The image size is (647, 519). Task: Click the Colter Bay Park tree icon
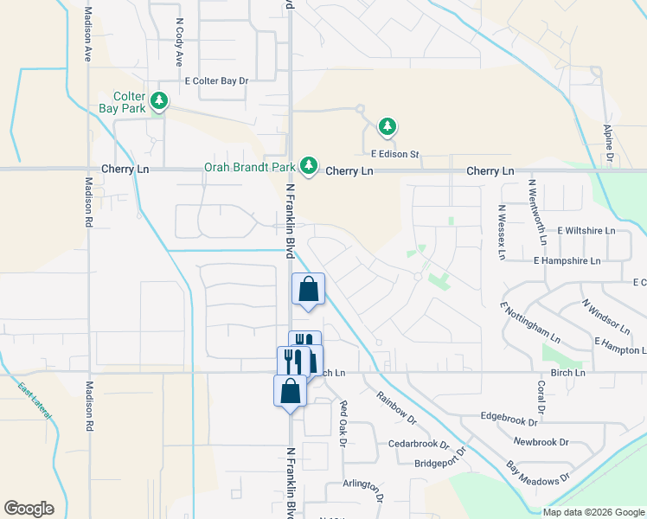(159, 102)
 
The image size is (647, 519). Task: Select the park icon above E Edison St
(388, 128)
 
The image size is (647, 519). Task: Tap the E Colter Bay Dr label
(216, 81)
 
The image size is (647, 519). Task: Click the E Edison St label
(394, 155)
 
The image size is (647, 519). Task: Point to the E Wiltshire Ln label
(586, 231)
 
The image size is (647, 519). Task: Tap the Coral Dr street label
(541, 396)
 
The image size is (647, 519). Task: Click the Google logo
(29, 509)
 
